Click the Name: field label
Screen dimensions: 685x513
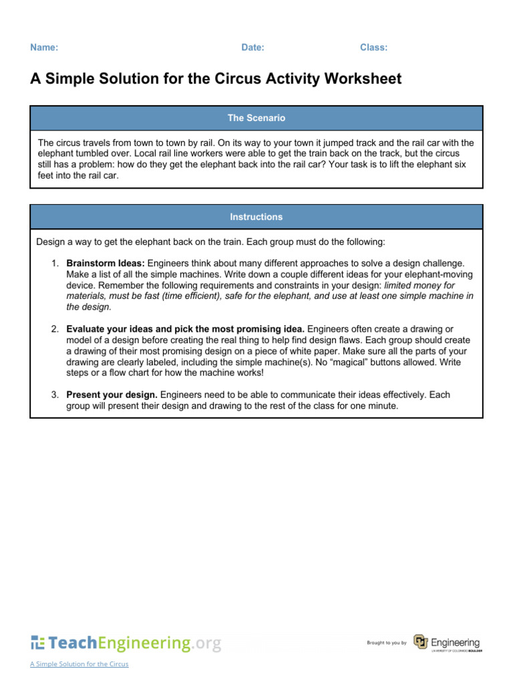click(44, 47)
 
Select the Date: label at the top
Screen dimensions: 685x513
click(252, 47)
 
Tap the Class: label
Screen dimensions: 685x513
click(373, 47)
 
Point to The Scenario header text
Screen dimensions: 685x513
click(256, 118)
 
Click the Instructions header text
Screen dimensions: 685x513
click(256, 217)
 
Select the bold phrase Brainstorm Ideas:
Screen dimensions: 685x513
click(106, 264)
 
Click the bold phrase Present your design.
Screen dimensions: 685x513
click(112, 395)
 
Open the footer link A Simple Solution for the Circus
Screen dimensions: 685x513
click(79, 664)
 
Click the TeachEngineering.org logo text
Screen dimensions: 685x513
click(134, 643)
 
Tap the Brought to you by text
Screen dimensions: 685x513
click(386, 643)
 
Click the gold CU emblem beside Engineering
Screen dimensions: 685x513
click(420, 642)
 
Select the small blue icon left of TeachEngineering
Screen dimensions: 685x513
click(37, 644)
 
